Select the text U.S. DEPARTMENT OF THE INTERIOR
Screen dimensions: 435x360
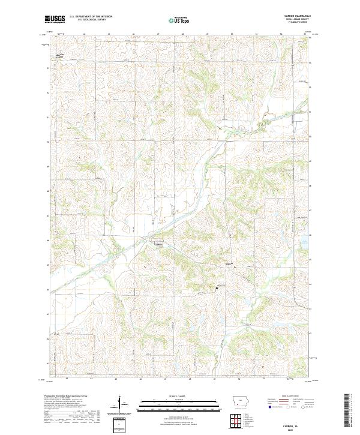(x=91, y=16)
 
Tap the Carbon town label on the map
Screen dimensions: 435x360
(x=158, y=244)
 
